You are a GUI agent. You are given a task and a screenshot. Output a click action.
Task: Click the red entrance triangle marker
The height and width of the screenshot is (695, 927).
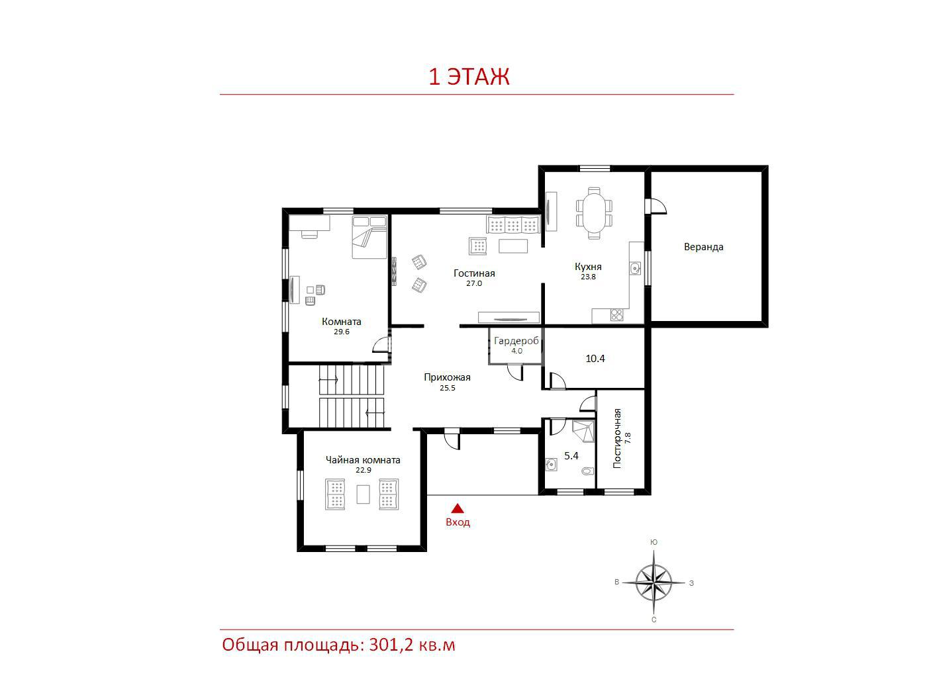(458, 508)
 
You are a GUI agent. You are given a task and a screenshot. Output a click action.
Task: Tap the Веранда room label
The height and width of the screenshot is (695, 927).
(703, 247)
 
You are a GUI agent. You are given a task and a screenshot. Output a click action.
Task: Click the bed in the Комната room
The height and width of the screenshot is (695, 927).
(369, 237)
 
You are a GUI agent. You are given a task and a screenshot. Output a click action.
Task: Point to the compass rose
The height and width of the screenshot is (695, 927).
(654, 582)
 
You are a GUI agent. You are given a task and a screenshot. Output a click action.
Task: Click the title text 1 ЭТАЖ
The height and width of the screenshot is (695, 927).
(469, 77)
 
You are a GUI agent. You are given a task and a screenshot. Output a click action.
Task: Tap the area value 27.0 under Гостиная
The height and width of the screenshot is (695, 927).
(474, 283)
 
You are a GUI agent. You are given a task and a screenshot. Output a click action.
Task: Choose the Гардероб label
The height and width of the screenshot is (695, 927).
(516, 341)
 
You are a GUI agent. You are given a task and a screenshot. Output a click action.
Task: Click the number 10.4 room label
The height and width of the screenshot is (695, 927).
(595, 359)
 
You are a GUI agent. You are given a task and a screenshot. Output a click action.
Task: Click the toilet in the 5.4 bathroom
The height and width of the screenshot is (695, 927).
(587, 471)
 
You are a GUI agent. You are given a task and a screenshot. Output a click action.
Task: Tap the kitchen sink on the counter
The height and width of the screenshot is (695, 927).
(635, 267)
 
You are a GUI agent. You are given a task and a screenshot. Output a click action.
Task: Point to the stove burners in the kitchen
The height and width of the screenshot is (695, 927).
(616, 315)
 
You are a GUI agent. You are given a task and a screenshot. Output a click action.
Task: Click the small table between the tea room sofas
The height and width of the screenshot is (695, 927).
(363, 494)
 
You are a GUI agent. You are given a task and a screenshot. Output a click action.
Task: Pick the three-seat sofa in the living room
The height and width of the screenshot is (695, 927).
(512, 225)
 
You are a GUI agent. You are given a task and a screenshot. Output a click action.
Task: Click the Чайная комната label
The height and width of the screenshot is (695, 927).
(363, 460)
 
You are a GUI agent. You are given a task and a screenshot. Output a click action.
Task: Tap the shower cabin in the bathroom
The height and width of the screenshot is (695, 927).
(583, 431)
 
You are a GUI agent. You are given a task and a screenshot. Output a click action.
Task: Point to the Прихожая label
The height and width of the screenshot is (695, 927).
(447, 377)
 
